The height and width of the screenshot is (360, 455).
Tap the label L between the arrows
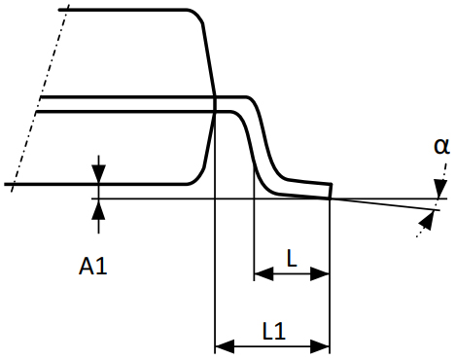(x=291, y=257)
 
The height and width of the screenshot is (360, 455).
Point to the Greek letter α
(x=441, y=146)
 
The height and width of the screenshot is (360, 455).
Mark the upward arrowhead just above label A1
(x=97, y=206)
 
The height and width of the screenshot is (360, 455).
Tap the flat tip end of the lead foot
(x=331, y=191)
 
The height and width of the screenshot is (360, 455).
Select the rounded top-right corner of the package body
(x=198, y=15)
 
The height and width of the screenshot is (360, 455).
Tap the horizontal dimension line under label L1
(x=272, y=344)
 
